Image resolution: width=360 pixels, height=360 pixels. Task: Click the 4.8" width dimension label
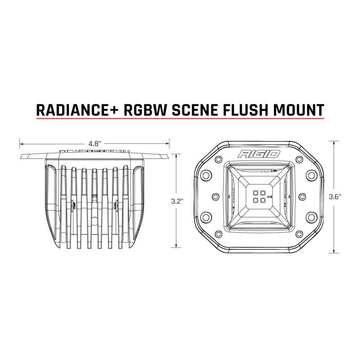click(x=94, y=144)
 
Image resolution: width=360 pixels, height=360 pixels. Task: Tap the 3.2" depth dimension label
click(x=176, y=202)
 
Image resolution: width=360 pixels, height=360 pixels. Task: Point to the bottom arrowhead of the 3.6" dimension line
click(x=333, y=251)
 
